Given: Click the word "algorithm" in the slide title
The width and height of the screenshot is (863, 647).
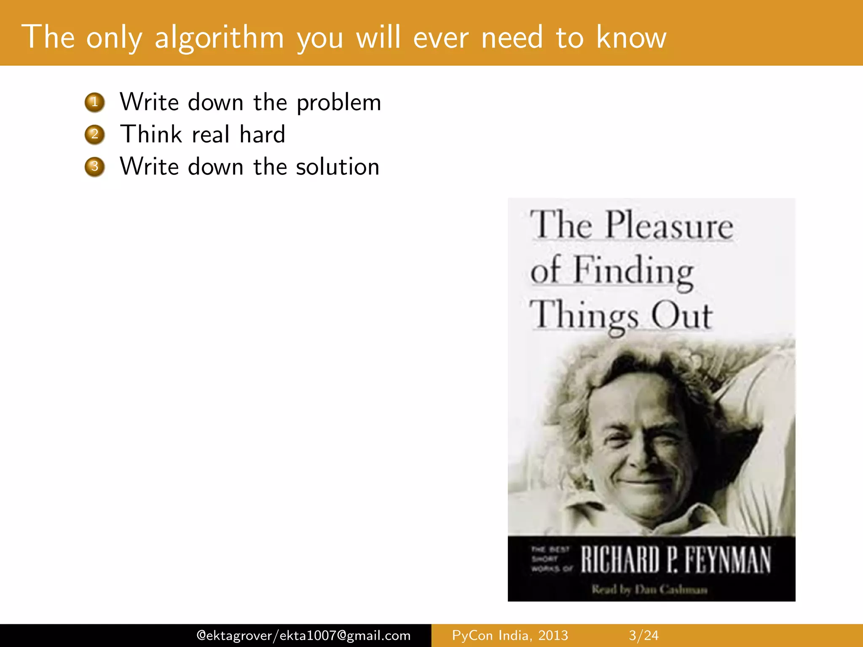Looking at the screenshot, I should point(219,38).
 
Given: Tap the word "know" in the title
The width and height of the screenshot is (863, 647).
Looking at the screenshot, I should point(631,38).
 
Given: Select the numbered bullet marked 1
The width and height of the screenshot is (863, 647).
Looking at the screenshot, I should point(95,102).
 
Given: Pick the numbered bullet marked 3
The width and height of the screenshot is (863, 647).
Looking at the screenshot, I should point(95,167).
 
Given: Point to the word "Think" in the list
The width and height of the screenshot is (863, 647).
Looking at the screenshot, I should point(151,134).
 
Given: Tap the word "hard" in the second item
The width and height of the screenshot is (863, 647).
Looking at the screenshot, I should point(262,134).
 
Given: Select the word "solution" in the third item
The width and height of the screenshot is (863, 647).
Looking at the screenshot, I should point(338,167).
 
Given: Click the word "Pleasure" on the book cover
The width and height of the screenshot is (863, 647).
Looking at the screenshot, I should point(669,226).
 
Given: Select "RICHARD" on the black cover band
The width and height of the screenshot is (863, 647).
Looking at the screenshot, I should point(620,560).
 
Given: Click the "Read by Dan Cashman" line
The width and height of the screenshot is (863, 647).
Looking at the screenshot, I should point(649,589).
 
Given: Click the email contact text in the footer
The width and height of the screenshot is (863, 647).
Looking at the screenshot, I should point(303,635).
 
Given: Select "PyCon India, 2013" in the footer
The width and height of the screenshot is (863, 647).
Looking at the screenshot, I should point(510,635).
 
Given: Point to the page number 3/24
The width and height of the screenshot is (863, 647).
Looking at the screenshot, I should point(643,635).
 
